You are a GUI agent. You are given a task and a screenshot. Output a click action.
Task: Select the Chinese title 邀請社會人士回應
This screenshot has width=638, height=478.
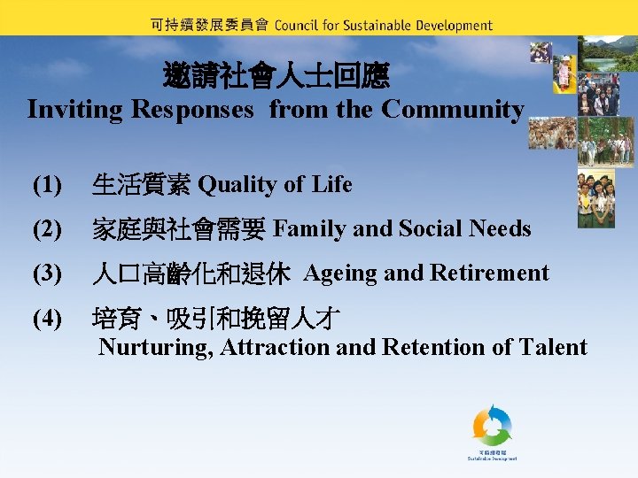pos(276,76)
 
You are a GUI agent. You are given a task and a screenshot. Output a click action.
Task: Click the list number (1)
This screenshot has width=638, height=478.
pos(47,185)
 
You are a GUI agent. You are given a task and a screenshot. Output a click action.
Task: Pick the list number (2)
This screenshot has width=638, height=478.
pos(47,229)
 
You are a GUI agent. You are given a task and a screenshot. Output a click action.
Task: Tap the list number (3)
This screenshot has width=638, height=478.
pos(47,274)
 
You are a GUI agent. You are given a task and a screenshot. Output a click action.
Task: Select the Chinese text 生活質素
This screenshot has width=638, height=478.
pos(142,185)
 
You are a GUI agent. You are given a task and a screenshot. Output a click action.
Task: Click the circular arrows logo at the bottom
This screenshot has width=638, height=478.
pos(492,428)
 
